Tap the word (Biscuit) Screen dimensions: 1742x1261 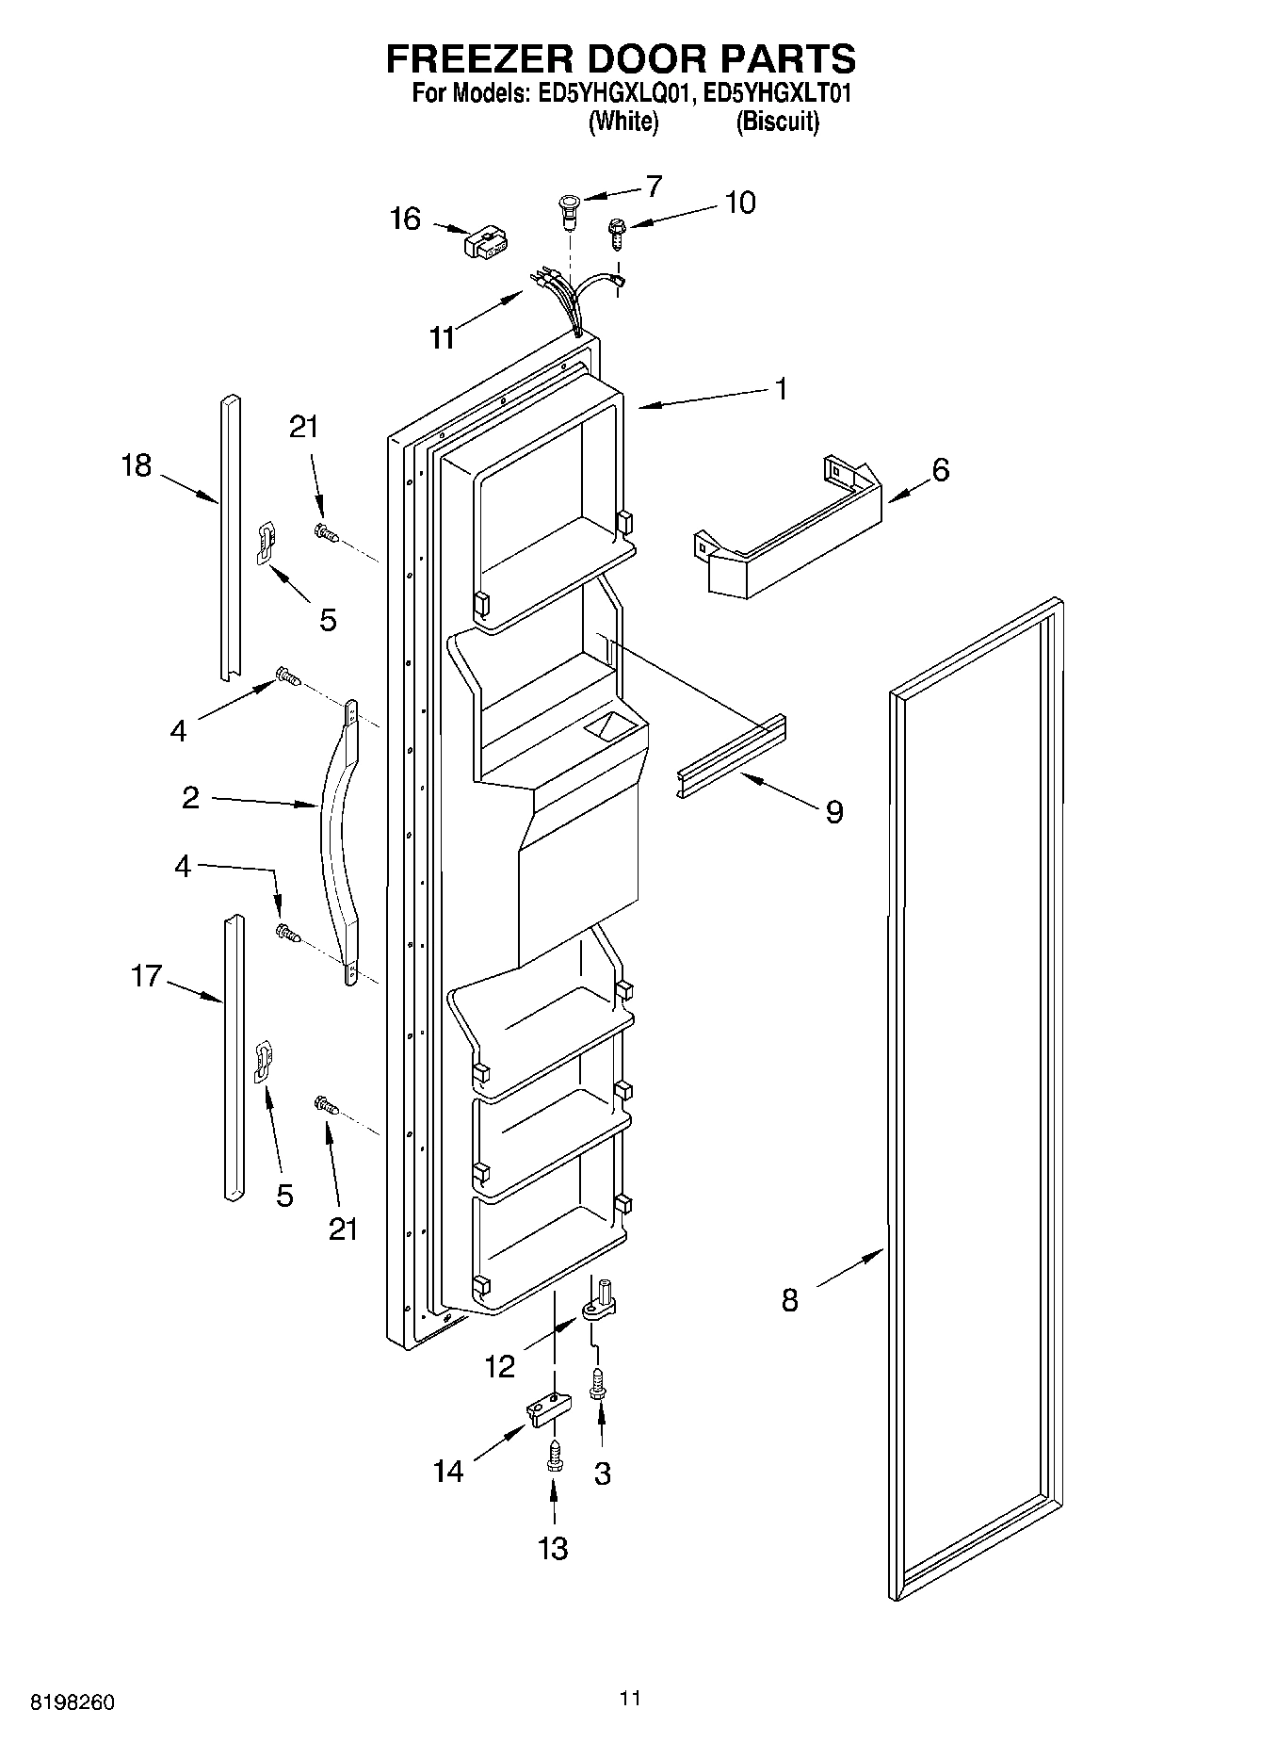pyautogui.click(x=777, y=122)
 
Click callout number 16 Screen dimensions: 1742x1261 pyautogui.click(x=405, y=220)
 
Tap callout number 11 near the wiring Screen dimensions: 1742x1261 pyautogui.click(x=442, y=336)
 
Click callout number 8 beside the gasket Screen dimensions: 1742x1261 pyautogui.click(x=789, y=1301)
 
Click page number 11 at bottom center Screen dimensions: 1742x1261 pyautogui.click(x=630, y=1697)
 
